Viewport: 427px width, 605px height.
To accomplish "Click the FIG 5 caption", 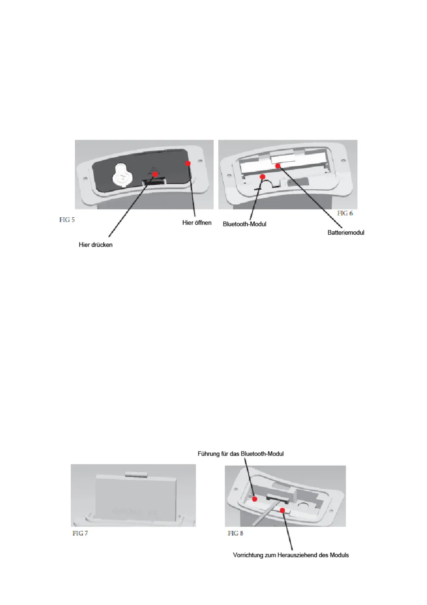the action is (67, 220).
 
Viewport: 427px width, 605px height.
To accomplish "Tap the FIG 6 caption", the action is (345, 213).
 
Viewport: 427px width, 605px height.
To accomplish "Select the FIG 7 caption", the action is (80, 533).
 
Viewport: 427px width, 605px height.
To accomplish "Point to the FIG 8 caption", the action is (235, 533).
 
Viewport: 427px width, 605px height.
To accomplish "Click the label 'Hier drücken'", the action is (95, 245).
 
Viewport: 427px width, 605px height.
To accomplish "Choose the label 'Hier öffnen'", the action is (197, 223).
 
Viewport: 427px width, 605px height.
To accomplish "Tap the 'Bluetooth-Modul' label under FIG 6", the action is (244, 224).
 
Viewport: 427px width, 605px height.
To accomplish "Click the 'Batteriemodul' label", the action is (346, 232).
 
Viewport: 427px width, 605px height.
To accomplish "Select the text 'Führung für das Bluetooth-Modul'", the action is (240, 454).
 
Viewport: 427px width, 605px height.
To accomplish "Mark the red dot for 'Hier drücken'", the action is (155, 174).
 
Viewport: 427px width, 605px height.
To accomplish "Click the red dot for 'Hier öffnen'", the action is (188, 163).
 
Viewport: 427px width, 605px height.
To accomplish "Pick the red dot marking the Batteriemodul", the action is (278, 166).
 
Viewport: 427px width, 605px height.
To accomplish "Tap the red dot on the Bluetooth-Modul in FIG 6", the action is (263, 177).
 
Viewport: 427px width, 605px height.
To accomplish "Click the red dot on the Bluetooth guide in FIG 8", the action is (255, 499).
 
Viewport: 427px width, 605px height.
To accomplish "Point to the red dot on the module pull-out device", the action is (282, 510).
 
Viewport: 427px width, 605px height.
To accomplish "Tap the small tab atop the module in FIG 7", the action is (137, 474).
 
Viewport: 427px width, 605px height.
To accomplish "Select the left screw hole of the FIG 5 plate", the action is (85, 178).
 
